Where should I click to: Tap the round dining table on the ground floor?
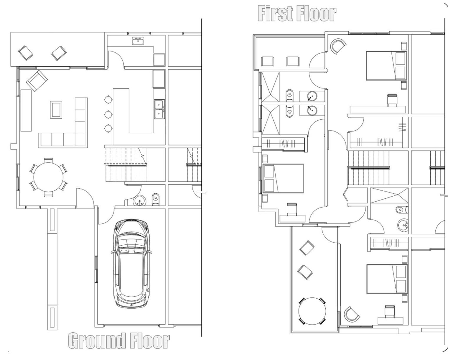point(48,177)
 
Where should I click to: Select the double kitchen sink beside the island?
point(159,109)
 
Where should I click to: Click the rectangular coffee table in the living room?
point(56,110)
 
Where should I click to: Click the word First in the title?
point(276,14)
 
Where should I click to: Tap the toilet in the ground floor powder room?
point(155,199)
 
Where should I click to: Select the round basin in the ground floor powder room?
point(140,201)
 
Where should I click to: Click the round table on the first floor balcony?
point(312,311)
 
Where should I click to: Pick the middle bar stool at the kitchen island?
point(108,114)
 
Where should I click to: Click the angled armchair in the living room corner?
point(37,80)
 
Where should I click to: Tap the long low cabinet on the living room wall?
point(26,110)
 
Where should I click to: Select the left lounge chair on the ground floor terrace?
point(25,52)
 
